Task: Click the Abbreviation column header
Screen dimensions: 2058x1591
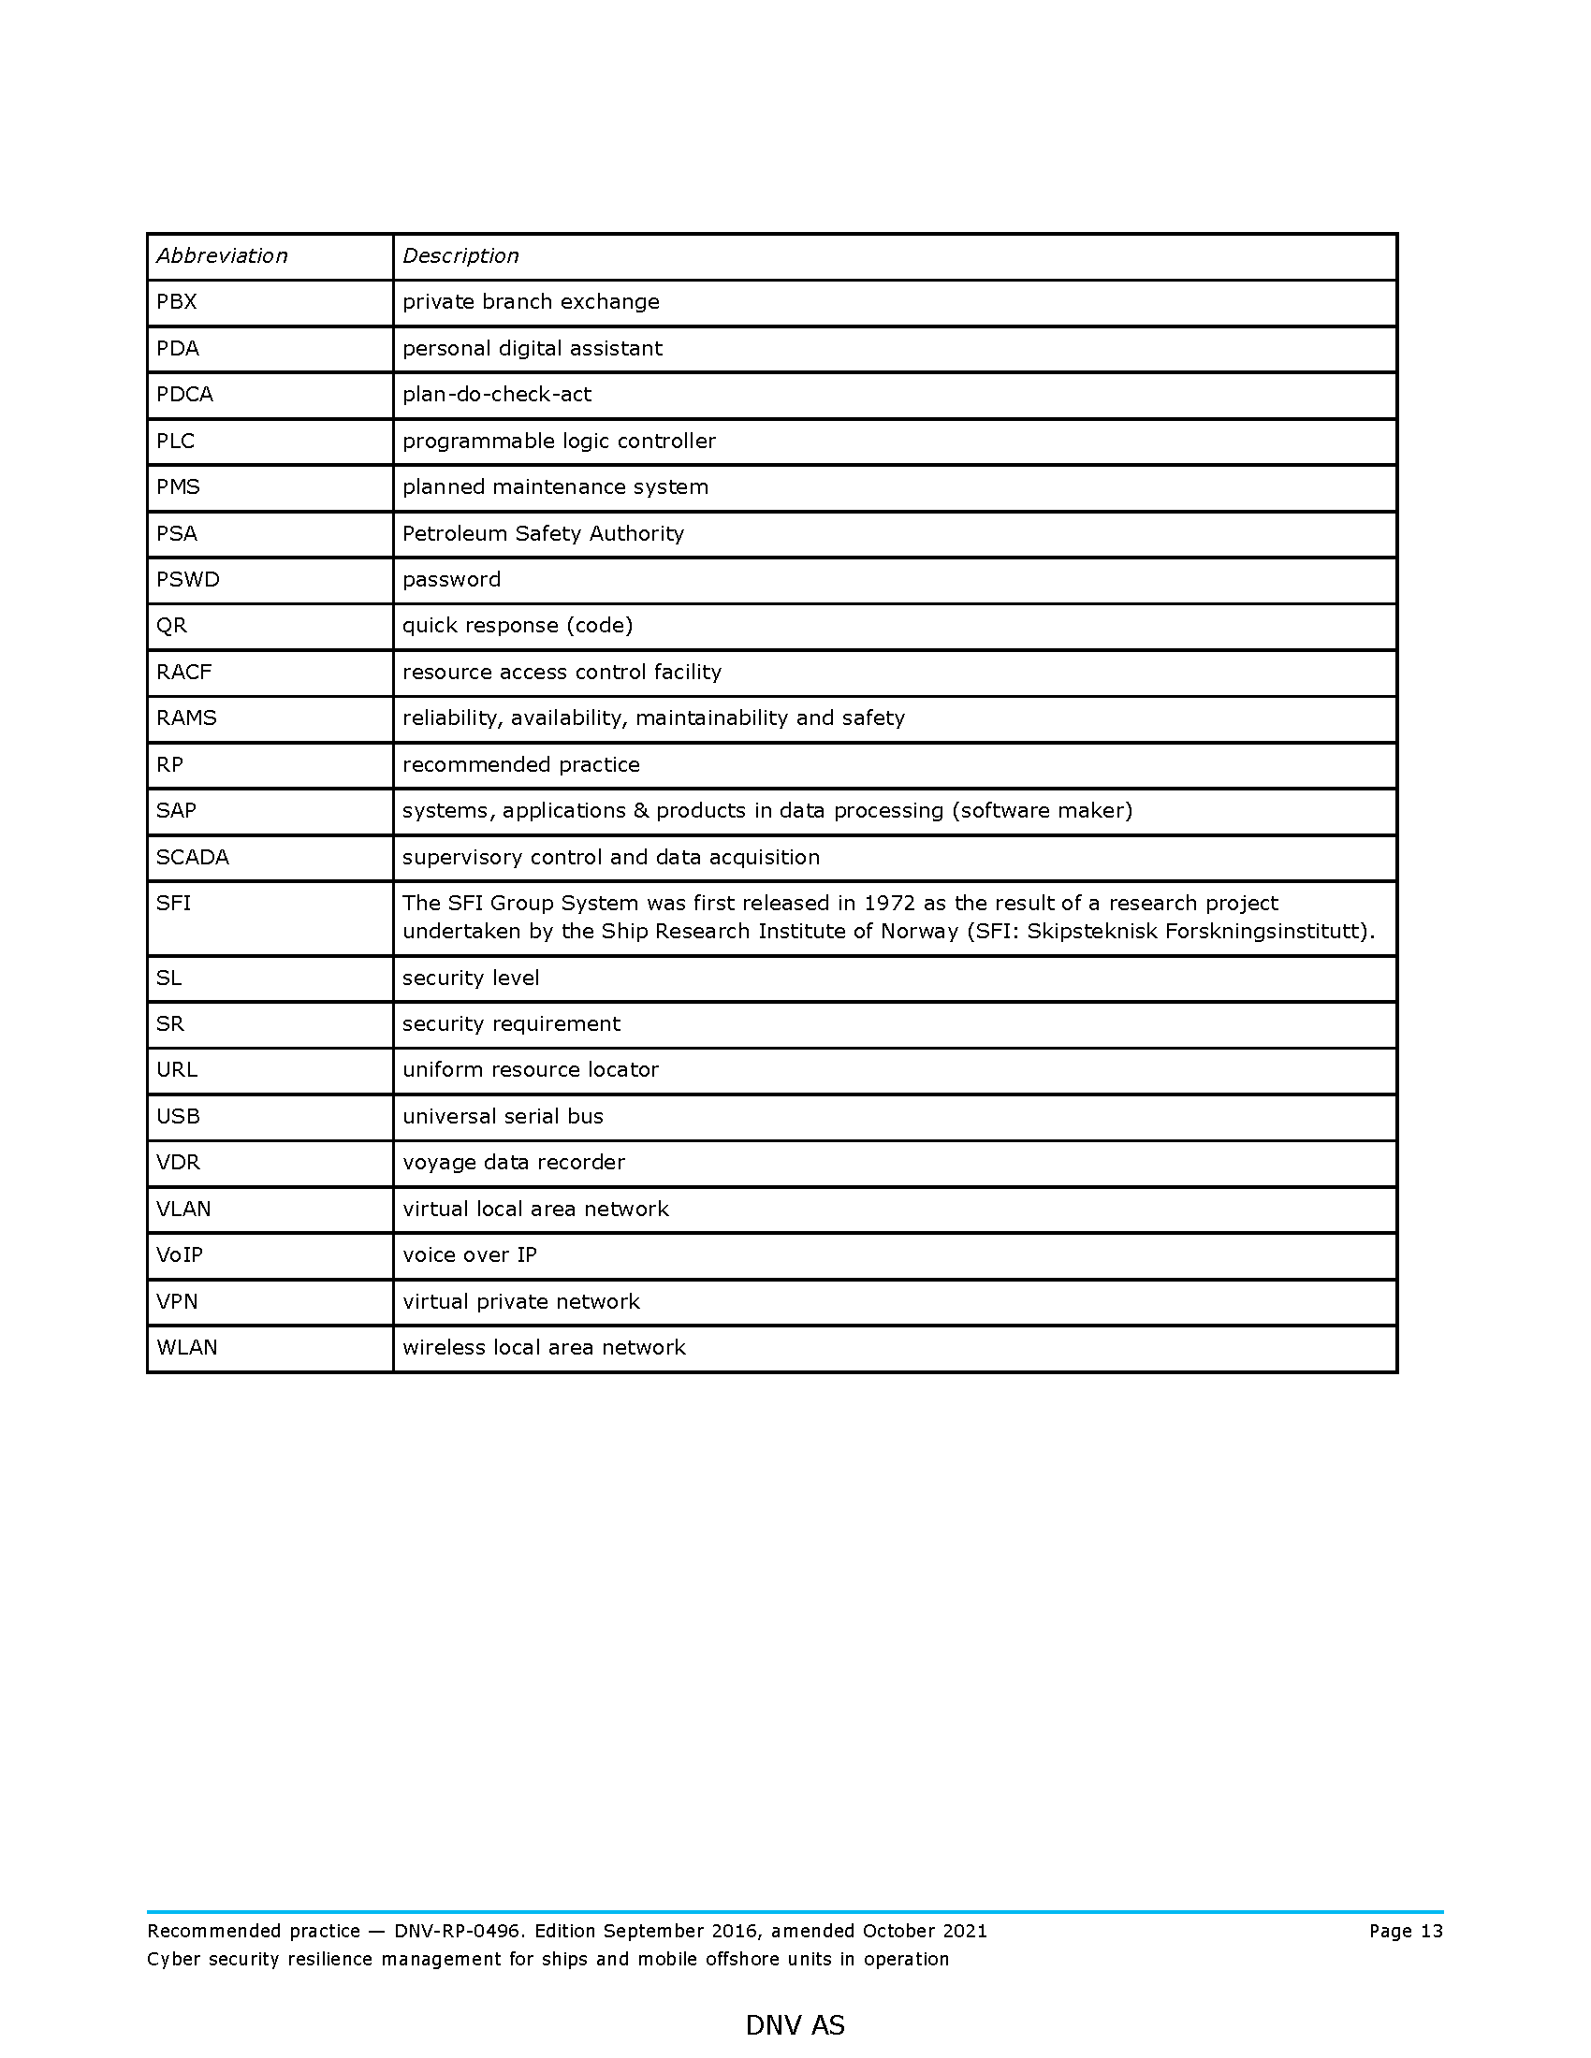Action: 222,255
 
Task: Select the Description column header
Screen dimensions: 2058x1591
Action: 460,255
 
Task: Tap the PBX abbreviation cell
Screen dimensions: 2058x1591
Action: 176,301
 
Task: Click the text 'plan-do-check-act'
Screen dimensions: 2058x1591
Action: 497,394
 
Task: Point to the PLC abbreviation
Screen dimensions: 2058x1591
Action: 175,441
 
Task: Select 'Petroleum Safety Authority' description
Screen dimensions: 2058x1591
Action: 543,533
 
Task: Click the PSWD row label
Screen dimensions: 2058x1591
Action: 187,580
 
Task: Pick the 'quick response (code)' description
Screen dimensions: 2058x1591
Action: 518,626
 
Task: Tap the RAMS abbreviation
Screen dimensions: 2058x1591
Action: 186,718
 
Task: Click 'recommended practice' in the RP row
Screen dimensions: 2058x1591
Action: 521,764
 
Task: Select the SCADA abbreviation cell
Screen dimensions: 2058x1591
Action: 192,857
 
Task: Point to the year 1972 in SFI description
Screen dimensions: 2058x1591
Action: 889,903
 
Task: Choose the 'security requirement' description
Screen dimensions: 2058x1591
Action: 511,1023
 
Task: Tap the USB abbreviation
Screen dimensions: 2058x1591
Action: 178,1116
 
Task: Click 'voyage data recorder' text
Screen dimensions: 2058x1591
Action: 514,1162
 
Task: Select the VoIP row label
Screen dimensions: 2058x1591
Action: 179,1254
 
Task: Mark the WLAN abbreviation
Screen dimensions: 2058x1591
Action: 186,1347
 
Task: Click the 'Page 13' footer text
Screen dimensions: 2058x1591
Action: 1406,1931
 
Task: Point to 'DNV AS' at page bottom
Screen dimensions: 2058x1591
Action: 795,2025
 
